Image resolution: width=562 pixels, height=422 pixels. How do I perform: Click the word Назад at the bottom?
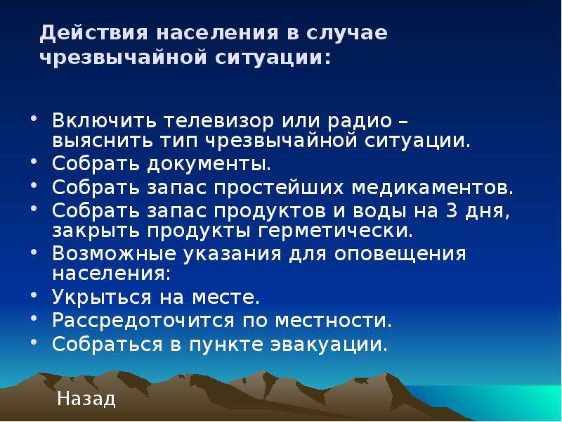[x=86, y=399]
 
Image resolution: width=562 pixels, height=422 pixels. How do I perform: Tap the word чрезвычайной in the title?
[x=124, y=58]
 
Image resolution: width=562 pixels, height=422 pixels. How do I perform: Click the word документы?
[x=209, y=164]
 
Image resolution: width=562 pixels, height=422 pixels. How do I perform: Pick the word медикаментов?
[x=432, y=188]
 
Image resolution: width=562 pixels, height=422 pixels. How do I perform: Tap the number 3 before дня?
[x=452, y=210]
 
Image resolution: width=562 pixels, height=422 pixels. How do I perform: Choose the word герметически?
[x=336, y=231]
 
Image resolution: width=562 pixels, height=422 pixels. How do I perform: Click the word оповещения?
[x=400, y=255]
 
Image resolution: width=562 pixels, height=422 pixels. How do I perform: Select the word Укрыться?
[x=101, y=298]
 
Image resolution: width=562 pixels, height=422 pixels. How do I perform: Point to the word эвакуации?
[x=329, y=345]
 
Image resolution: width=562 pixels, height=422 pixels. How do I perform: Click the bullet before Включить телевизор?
[x=34, y=118]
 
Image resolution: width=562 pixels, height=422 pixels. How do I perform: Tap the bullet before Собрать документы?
[x=34, y=162]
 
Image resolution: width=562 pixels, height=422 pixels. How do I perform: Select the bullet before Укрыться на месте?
[x=34, y=295]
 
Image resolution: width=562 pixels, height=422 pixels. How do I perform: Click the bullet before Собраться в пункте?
[x=34, y=342]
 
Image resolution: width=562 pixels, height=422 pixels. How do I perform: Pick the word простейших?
[x=279, y=188]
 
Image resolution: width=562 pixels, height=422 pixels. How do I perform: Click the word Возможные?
[x=114, y=254]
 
